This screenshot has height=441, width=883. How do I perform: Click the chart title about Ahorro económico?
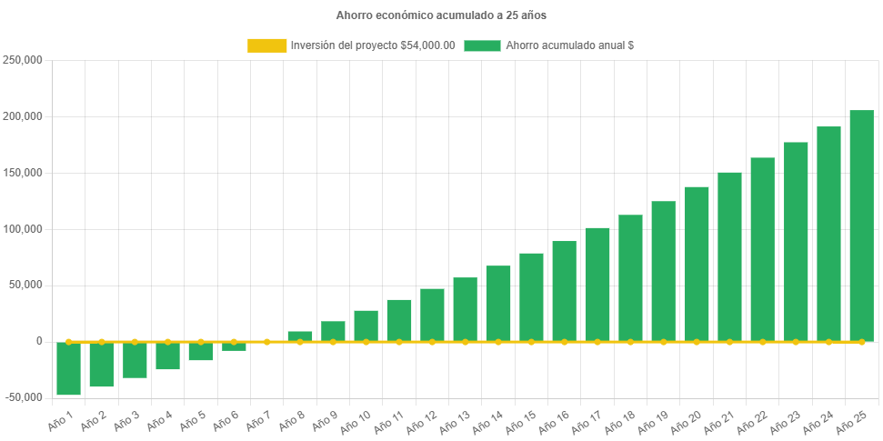pos(441,15)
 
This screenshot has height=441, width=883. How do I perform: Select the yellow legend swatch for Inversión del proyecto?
pos(266,45)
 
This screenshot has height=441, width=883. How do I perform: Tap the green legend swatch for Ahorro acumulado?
pos(482,45)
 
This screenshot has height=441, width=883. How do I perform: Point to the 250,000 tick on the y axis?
pos(23,60)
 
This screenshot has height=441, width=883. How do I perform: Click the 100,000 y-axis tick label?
pos(23,229)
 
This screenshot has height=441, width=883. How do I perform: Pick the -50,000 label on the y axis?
pos(23,397)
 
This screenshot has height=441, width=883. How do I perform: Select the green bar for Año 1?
pos(68,368)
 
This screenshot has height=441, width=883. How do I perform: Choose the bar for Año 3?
pos(135,360)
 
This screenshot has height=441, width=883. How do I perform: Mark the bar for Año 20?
pos(697,264)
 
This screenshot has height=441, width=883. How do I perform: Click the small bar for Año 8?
pos(300,336)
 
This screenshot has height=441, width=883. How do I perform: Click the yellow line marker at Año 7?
pos(266,342)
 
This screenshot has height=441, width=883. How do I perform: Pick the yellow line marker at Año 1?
pos(68,342)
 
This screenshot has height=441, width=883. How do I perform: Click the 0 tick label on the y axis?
pos(38,341)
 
